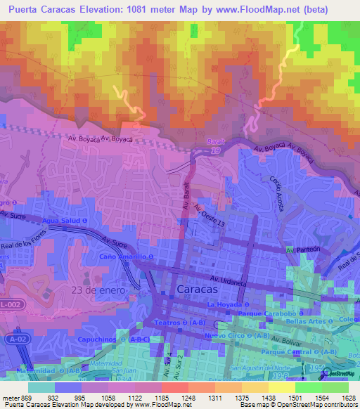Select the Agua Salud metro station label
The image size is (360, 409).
pos(65,220)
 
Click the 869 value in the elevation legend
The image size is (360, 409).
pos(22,397)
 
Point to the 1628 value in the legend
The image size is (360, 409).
pos(347,397)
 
